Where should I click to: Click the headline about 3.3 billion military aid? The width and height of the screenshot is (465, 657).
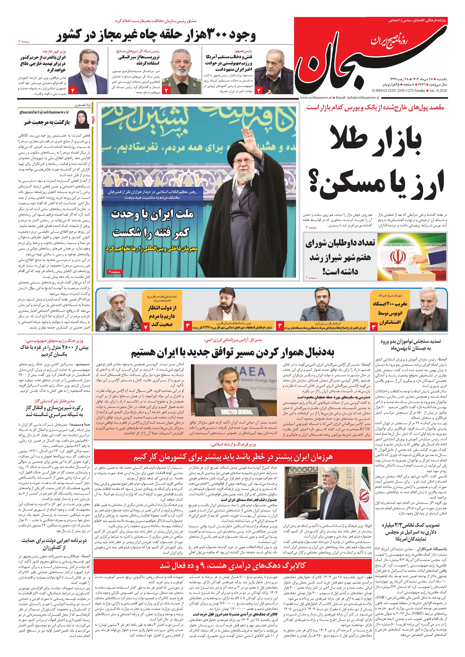(x=410, y=532)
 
